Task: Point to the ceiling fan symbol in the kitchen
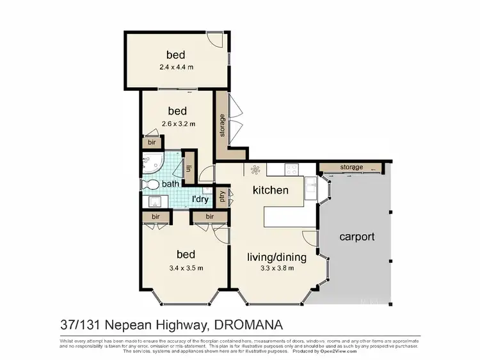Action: [x=255, y=170]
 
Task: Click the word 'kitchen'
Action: [x=270, y=190]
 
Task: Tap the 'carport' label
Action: [x=356, y=237]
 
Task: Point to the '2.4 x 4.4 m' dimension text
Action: [x=176, y=67]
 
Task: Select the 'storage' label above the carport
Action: [x=351, y=168]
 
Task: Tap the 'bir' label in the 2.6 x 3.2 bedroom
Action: [x=152, y=143]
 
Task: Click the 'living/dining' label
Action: [x=277, y=258]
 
